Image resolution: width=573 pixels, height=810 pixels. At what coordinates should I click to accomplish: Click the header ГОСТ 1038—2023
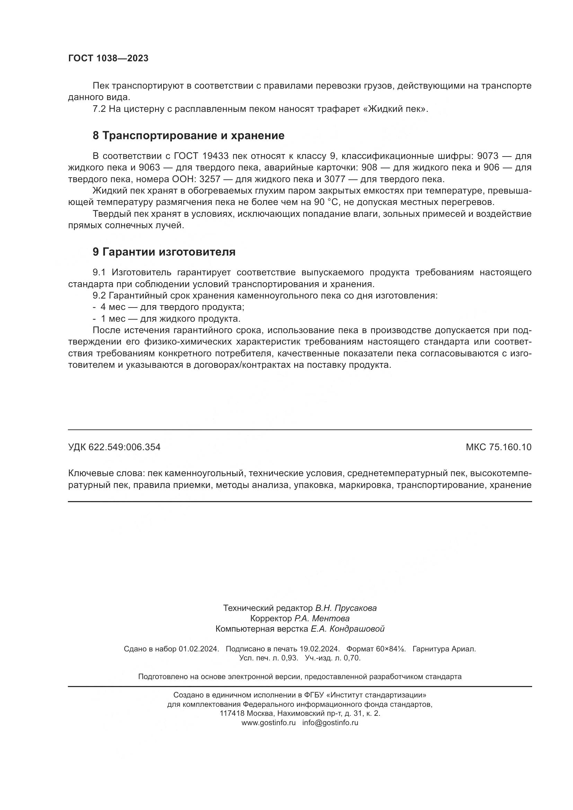(x=108, y=59)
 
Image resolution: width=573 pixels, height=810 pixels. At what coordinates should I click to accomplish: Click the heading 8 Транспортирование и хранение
(x=188, y=136)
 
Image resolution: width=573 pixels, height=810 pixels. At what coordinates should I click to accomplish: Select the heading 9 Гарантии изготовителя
(x=164, y=252)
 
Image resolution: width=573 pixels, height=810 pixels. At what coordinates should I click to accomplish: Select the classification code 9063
(x=149, y=167)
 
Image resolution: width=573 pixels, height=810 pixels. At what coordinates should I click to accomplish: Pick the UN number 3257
(x=210, y=179)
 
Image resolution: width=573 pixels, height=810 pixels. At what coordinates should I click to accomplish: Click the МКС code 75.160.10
(x=510, y=447)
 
